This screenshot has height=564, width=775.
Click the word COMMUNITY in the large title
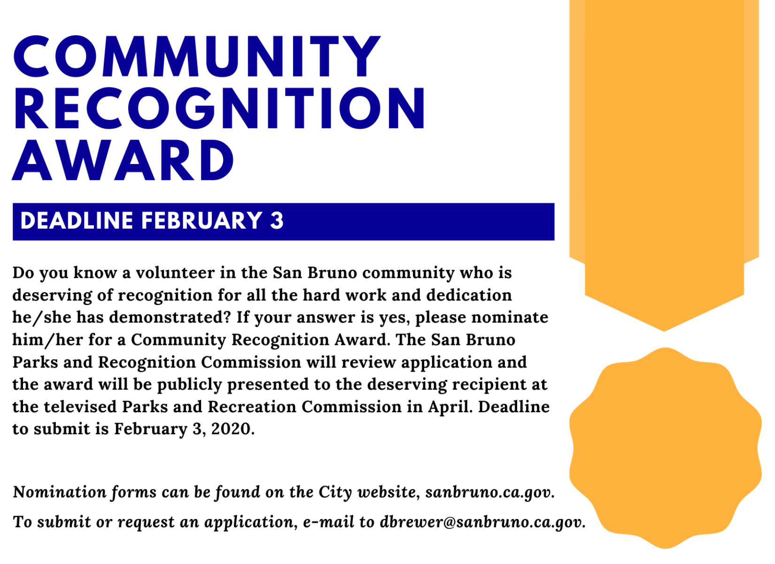(x=197, y=56)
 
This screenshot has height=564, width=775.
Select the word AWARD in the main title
(x=123, y=160)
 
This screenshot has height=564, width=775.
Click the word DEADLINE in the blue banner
(x=77, y=220)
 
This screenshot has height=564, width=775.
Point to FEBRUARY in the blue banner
(x=201, y=220)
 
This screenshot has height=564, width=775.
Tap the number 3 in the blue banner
(x=277, y=220)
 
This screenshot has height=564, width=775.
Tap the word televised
(x=80, y=407)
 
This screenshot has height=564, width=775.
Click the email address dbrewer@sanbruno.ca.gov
(x=483, y=522)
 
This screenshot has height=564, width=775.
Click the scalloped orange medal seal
(x=665, y=448)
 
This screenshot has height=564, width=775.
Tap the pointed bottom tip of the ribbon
(x=664, y=330)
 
